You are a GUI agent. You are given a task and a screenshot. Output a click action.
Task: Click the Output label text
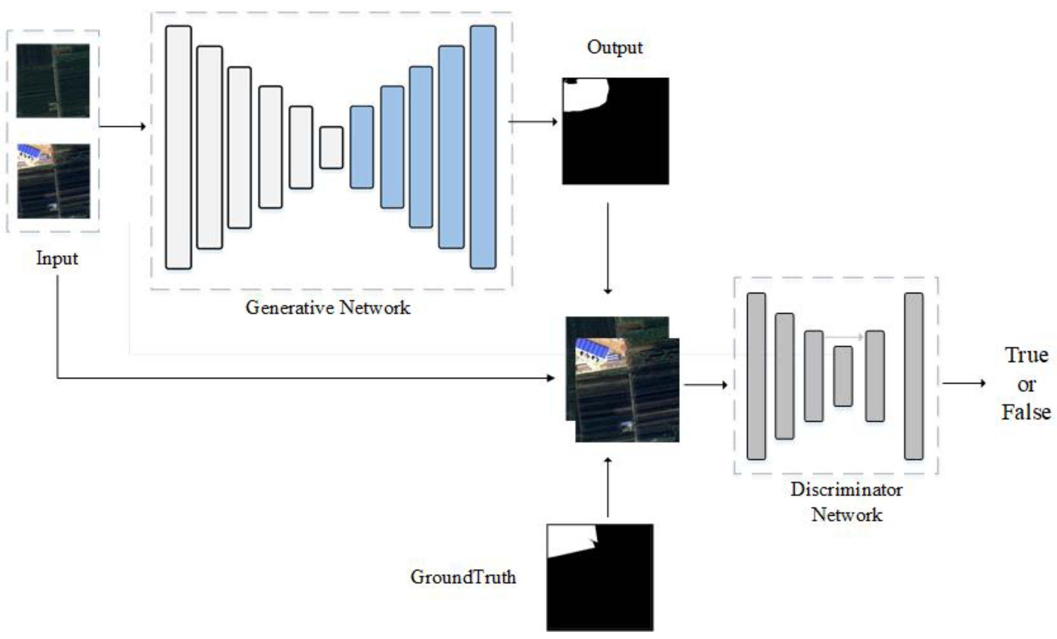(615, 47)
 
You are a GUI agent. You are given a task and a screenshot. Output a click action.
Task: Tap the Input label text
(57, 258)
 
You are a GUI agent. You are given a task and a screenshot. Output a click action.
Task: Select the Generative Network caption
(328, 308)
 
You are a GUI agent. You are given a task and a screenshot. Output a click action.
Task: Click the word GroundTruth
(463, 577)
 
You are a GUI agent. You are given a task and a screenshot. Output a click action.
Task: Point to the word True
(1027, 355)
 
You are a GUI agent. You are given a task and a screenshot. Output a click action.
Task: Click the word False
(1026, 412)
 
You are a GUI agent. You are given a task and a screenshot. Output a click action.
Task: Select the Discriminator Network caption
(846, 502)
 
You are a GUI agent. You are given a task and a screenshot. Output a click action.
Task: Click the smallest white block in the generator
(331, 147)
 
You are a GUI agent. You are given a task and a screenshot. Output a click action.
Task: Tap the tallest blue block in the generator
(483, 147)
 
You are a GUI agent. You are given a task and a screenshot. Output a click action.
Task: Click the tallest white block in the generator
(179, 147)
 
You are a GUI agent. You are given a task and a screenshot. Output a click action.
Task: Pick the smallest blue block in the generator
(362, 147)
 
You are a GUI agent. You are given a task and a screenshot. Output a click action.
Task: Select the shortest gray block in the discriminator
(843, 376)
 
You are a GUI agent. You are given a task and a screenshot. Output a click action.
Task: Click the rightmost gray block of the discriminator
(914, 376)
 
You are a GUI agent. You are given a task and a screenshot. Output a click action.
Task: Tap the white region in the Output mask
(583, 94)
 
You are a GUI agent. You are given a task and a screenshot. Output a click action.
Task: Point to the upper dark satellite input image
(53, 80)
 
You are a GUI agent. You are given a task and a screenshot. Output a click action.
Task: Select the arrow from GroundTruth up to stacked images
(607, 487)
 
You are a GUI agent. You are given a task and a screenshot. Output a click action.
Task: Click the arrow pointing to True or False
(963, 383)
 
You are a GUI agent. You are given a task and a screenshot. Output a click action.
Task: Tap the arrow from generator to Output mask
(532, 122)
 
